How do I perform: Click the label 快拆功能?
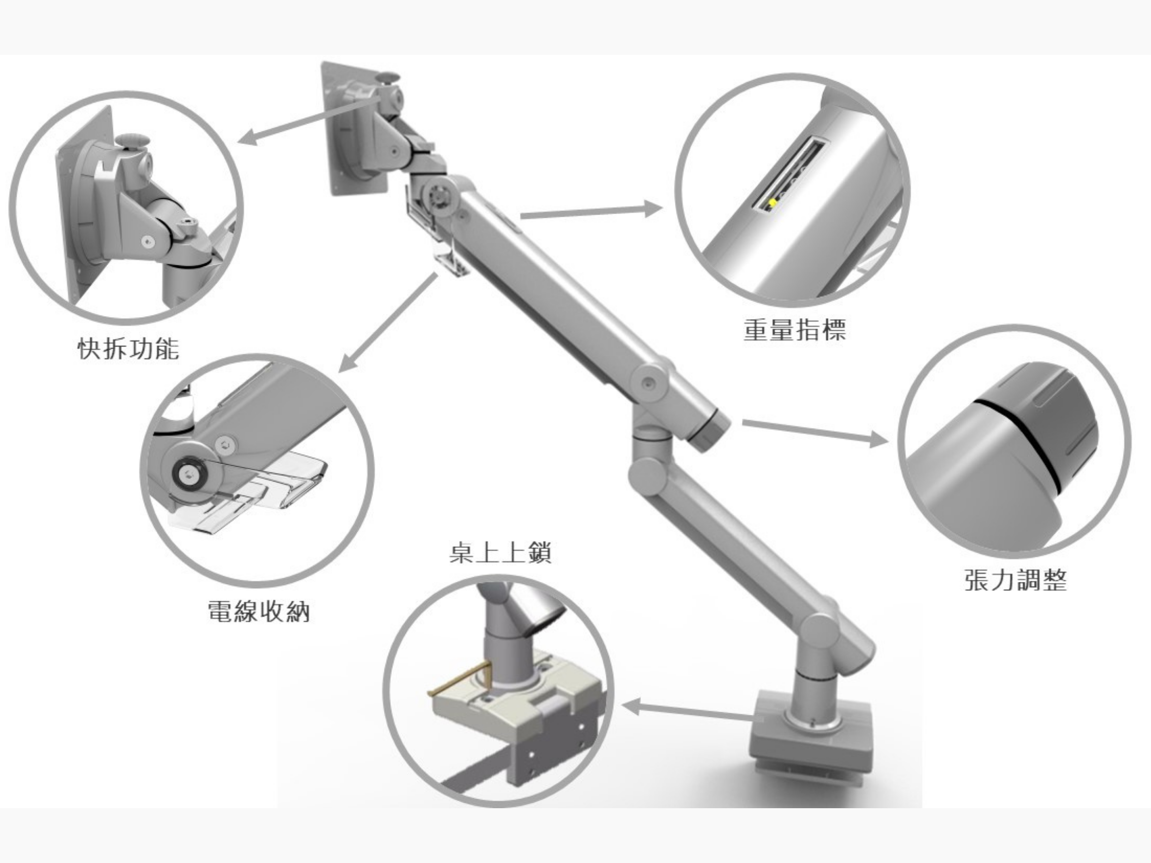coord(128,348)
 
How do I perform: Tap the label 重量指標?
coord(795,329)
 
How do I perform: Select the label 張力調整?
coord(1015,579)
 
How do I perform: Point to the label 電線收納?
coord(259,611)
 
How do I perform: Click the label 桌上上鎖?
coord(500,553)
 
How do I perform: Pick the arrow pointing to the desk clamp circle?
coord(690,712)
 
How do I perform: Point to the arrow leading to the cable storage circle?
coord(388,323)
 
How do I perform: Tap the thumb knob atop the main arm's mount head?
coord(389,78)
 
